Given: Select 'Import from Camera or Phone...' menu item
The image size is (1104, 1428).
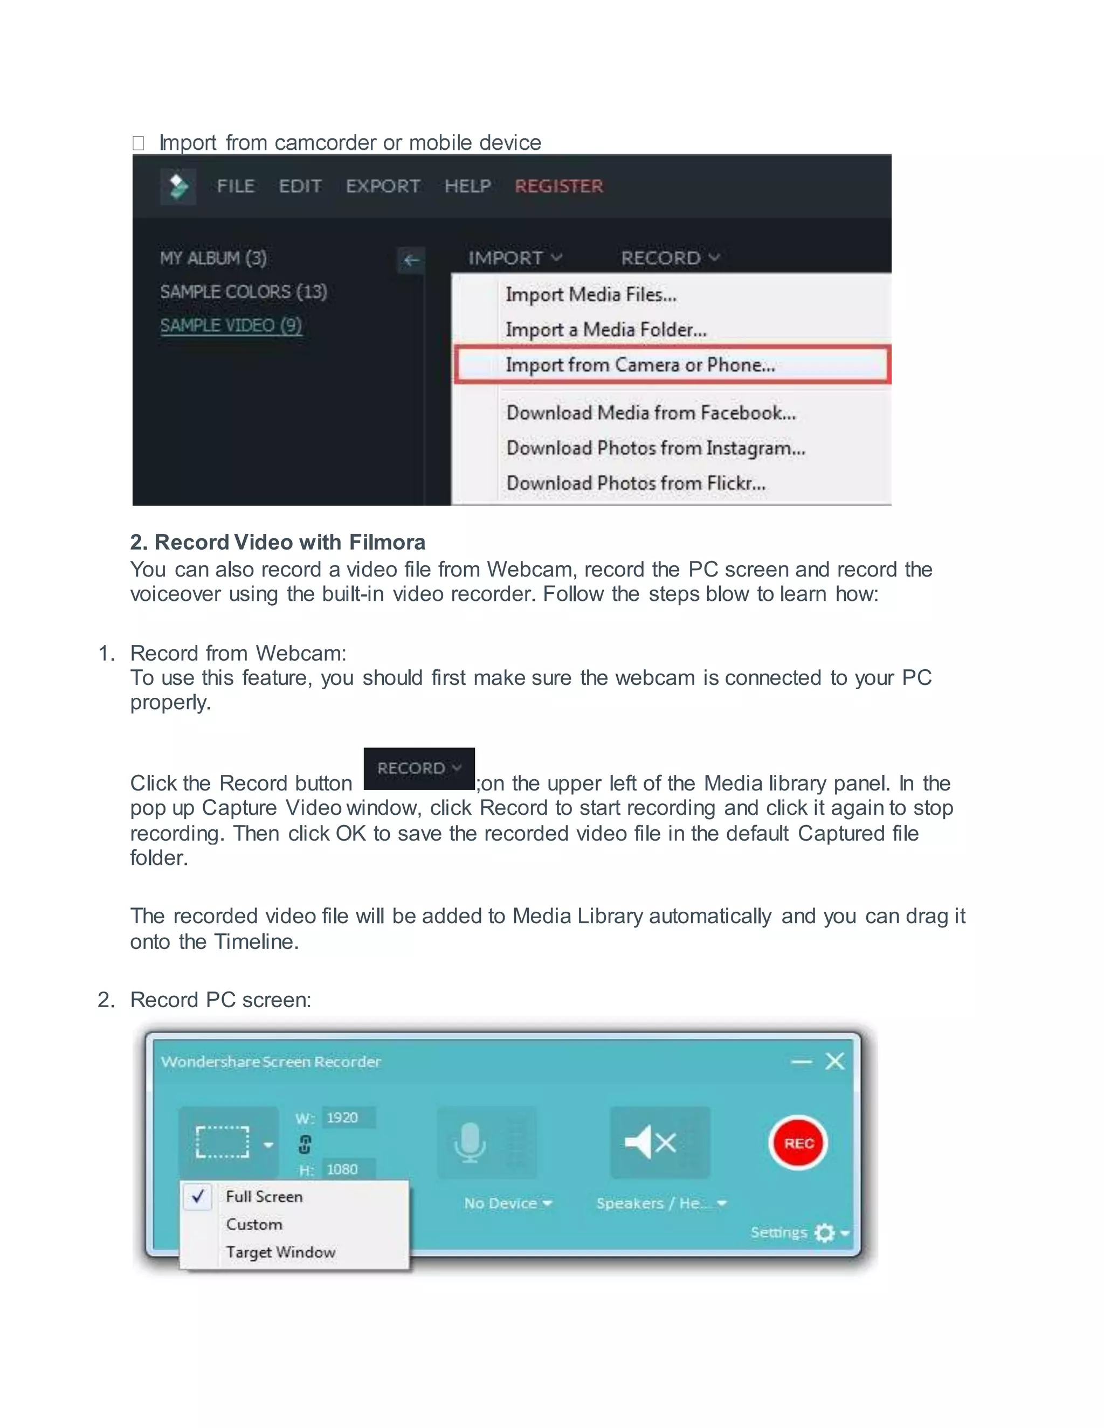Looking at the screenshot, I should tap(640, 365).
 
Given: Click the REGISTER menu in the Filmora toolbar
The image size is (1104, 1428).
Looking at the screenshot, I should tap(558, 186).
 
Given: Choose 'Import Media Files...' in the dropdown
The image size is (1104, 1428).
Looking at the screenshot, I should tap(591, 295).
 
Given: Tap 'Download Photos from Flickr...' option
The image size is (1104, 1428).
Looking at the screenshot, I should tap(635, 483).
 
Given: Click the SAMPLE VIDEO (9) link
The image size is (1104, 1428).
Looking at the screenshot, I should tap(231, 325).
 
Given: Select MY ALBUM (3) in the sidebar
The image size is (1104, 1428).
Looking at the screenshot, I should tap(213, 258).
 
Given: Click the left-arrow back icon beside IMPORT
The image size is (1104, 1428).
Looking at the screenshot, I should tap(411, 260).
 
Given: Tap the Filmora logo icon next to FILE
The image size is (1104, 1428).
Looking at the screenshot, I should tap(178, 186).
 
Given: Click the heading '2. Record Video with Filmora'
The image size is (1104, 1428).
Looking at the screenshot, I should tap(277, 542).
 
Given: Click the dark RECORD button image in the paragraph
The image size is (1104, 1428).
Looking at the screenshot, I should tap(418, 768).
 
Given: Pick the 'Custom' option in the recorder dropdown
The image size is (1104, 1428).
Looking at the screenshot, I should tap(254, 1224).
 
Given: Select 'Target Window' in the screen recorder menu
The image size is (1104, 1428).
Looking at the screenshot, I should tap(280, 1252).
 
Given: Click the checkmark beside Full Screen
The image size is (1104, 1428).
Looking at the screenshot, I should tap(197, 1196).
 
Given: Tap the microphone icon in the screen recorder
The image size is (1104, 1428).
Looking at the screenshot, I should tap(470, 1142).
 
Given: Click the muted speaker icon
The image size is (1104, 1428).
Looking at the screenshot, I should tap(650, 1142).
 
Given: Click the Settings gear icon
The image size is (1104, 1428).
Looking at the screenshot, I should tap(825, 1232).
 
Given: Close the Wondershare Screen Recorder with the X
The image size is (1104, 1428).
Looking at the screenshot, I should tap(834, 1061).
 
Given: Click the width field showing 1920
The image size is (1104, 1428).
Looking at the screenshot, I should tap(347, 1118).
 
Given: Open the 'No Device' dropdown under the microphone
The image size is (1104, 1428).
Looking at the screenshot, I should tap(507, 1203).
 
